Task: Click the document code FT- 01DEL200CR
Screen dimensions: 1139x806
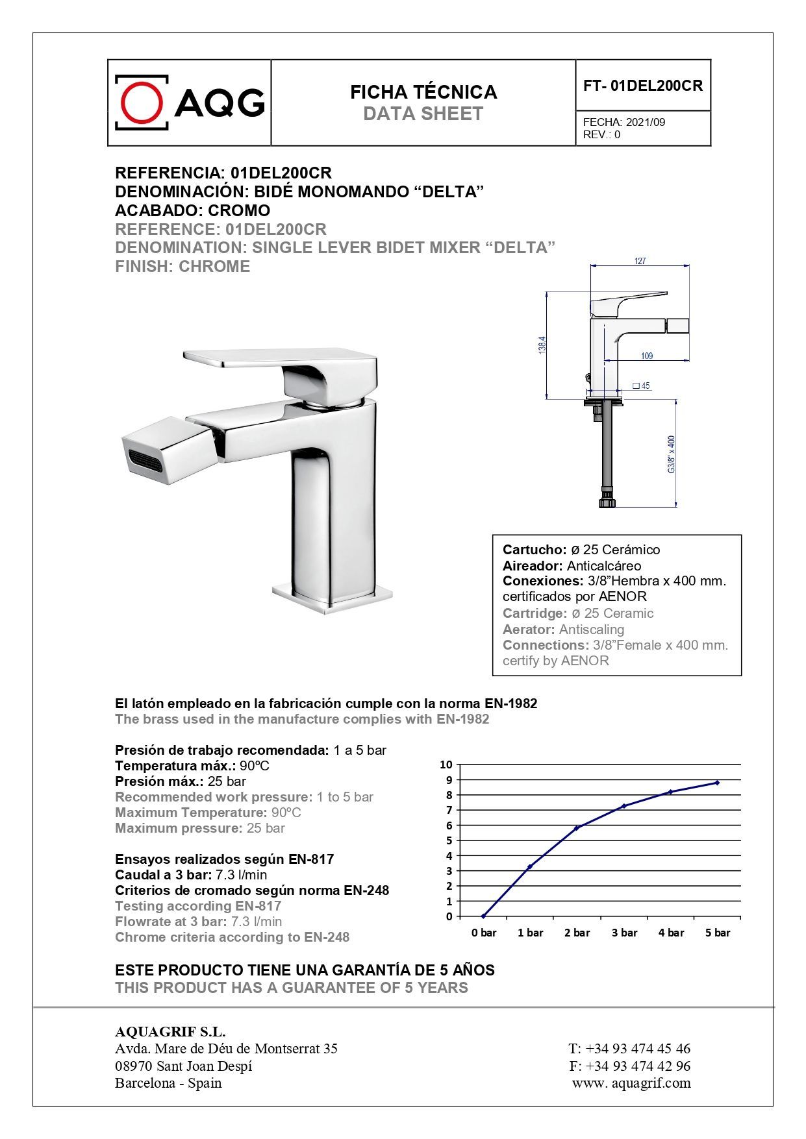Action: pos(642,86)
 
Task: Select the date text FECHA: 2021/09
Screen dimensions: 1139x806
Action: pos(623,122)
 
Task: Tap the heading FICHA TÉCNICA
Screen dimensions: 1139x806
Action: pos(423,92)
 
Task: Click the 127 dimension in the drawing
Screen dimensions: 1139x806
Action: pos(640,261)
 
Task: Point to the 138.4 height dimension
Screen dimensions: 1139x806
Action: pos(542,345)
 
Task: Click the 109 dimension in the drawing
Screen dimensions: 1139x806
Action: pos(647,356)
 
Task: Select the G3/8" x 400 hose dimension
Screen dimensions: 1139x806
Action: pos(671,454)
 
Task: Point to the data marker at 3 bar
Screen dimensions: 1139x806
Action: pos(624,806)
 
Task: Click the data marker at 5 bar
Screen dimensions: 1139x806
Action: pos(717,783)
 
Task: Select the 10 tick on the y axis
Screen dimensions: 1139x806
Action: pos(446,765)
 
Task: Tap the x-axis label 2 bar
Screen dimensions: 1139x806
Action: pos(577,933)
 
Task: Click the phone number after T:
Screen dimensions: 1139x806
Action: pos(638,1048)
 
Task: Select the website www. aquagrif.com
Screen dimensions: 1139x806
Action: pos(631,1083)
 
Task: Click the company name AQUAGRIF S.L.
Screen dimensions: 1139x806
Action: pos(170,1032)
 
